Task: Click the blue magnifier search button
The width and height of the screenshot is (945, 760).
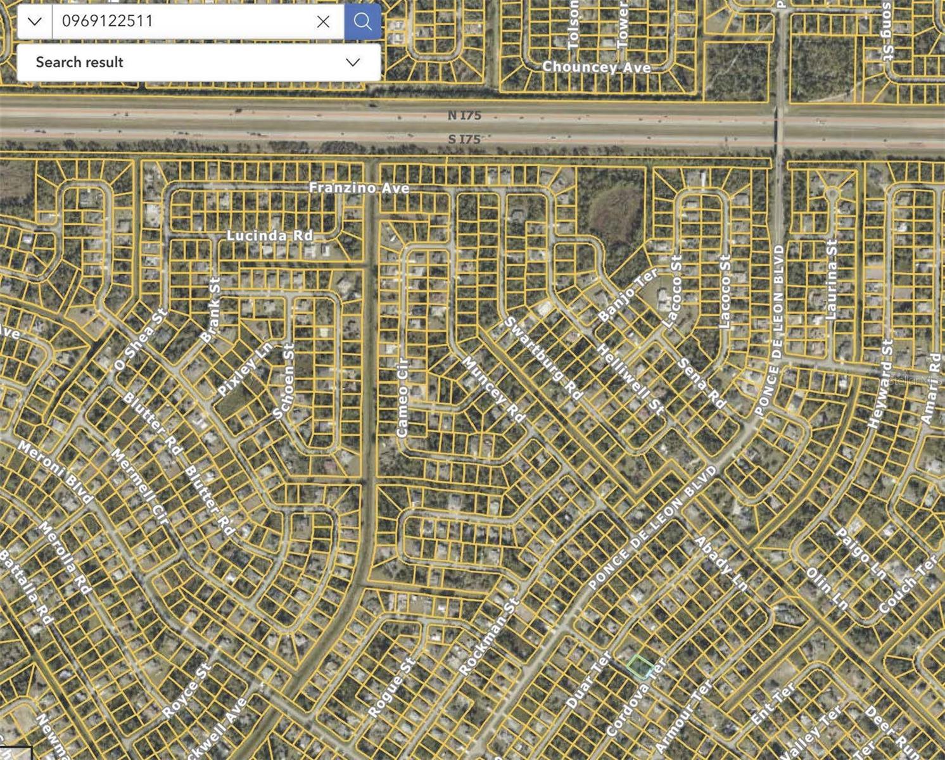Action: click(x=363, y=22)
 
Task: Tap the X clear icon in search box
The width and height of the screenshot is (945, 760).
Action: click(x=323, y=22)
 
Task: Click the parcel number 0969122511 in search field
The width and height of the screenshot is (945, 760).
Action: click(x=108, y=21)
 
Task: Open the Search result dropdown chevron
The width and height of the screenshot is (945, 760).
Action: click(x=353, y=62)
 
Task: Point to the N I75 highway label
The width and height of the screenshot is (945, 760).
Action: click(x=464, y=115)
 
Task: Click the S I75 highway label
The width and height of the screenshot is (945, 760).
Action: click(x=464, y=139)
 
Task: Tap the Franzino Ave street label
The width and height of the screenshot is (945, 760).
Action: click(x=359, y=188)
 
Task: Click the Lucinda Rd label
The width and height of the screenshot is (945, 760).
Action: click(x=270, y=235)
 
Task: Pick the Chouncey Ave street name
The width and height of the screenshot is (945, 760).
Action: click(x=596, y=66)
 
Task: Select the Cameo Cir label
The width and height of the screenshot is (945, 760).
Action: click(x=403, y=398)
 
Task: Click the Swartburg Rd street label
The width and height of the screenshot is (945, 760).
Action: click(x=543, y=358)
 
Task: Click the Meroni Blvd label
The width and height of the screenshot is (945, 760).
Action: click(x=56, y=472)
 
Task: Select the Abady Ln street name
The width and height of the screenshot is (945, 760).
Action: click(x=721, y=564)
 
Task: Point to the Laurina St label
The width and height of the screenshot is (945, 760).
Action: click(x=832, y=279)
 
